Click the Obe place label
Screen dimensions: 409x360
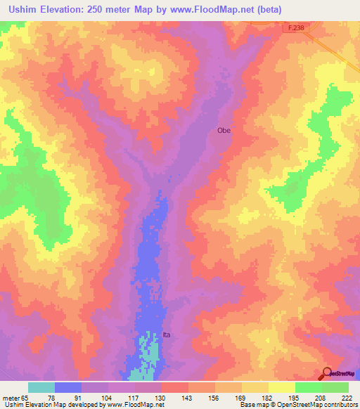click(224, 130)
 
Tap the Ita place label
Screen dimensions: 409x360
click(167, 335)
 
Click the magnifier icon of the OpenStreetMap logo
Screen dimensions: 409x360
click(327, 374)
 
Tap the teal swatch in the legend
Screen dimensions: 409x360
click(41, 387)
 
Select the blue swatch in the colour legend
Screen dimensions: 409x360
click(68, 387)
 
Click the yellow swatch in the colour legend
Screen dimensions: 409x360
click(282, 387)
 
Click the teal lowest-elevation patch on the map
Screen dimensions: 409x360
click(147, 351)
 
